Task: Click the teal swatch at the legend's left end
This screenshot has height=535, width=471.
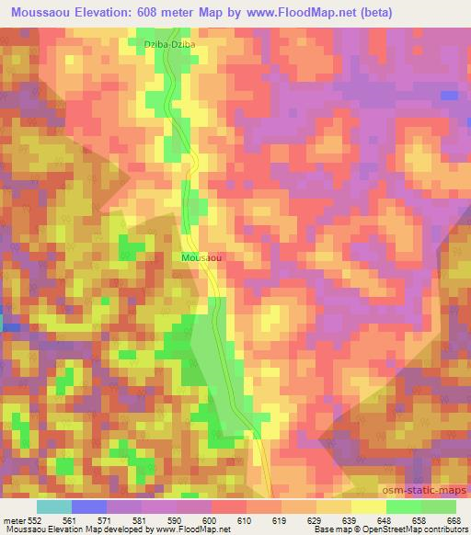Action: pyautogui.click(x=53, y=507)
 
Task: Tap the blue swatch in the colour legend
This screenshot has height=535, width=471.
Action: pyautogui.click(x=89, y=507)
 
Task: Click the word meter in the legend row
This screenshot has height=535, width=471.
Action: pyautogui.click(x=14, y=518)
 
